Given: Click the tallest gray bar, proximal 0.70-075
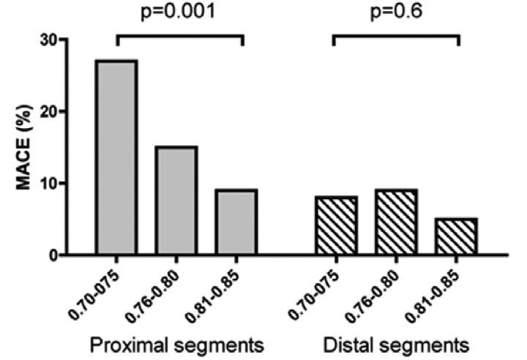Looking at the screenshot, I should [116, 157].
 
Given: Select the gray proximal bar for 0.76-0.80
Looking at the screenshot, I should [176, 200].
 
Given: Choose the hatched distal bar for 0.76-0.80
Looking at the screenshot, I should [396, 222].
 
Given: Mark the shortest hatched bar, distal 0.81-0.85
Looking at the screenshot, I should [456, 236].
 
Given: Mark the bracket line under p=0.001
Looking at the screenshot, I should [179, 34].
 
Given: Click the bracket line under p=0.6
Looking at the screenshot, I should [396, 34].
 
